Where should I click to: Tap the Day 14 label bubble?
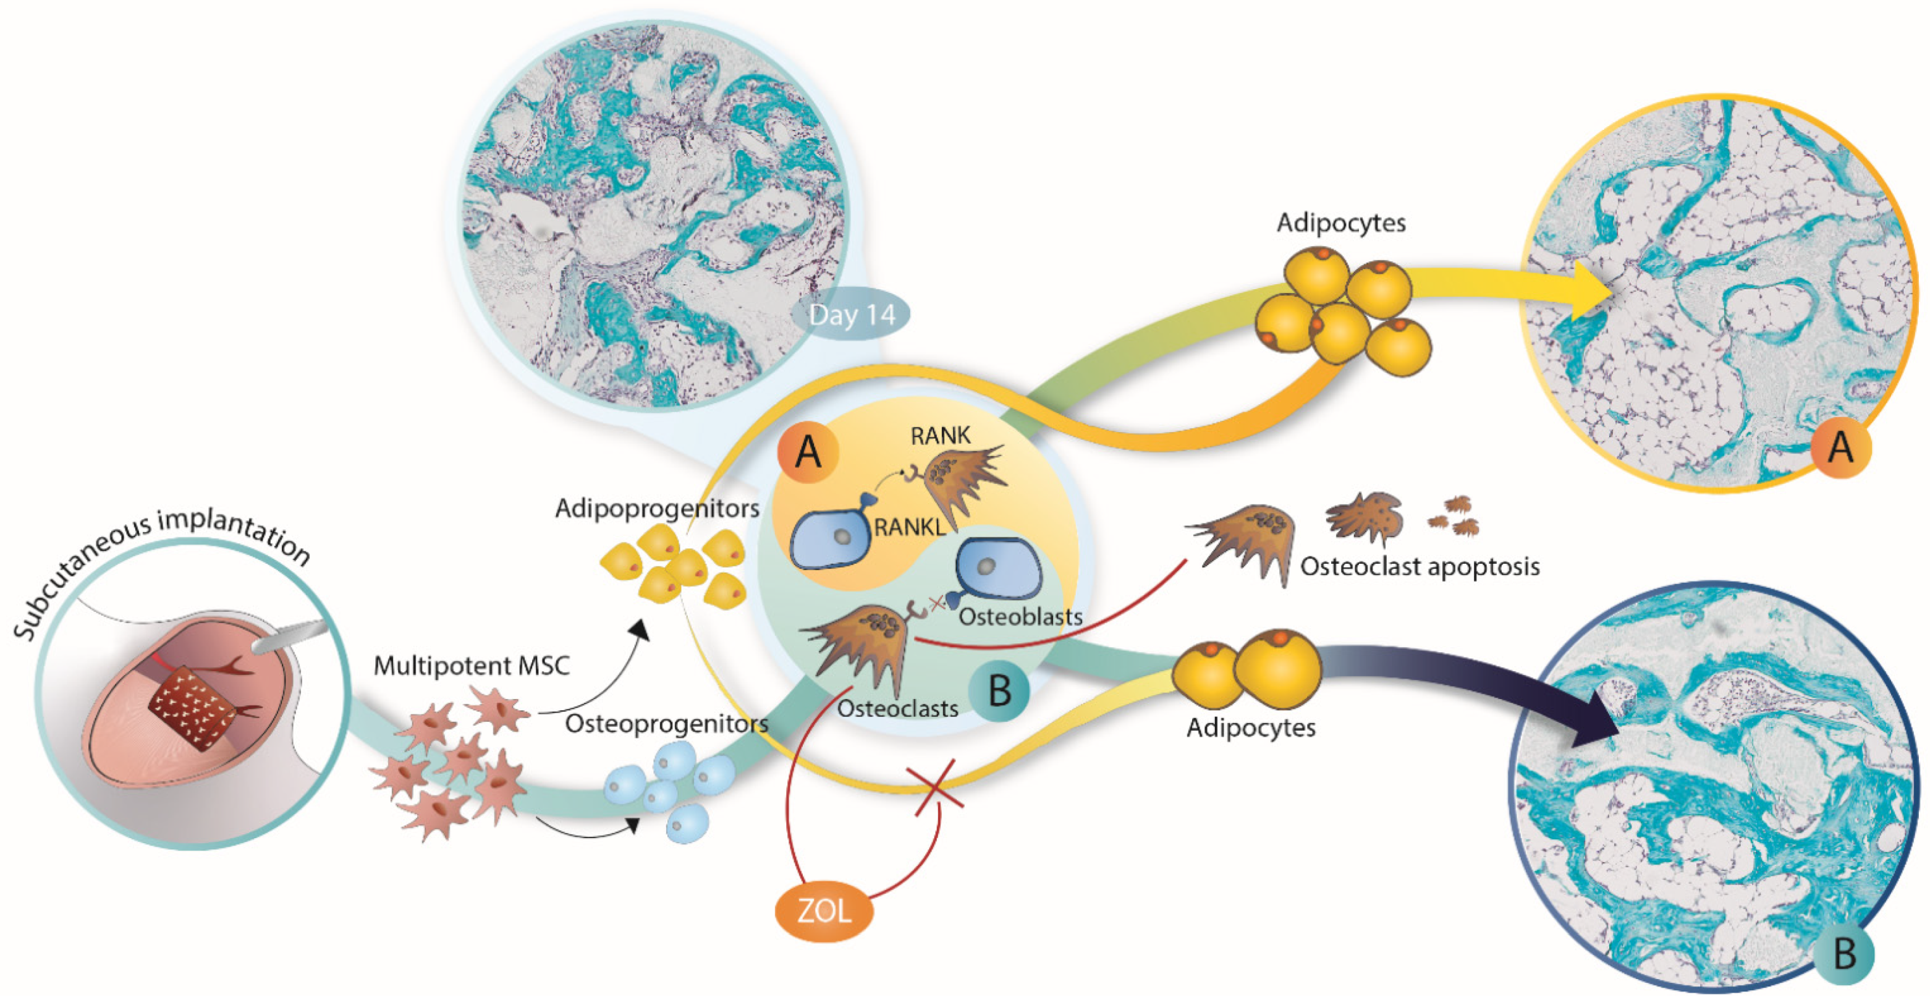pos(852,314)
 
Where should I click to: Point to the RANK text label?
pos(939,435)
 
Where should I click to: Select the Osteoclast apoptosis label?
pos(1419,567)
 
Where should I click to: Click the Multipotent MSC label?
pos(472,666)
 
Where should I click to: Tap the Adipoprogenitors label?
pos(656,509)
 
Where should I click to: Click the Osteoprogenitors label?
pos(666,724)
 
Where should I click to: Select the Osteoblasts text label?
pos(1020,617)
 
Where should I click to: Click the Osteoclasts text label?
pos(897,709)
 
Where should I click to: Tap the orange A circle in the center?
pos(808,452)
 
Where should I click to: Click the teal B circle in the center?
pos(999,690)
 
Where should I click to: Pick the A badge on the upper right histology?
pos(1840,448)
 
